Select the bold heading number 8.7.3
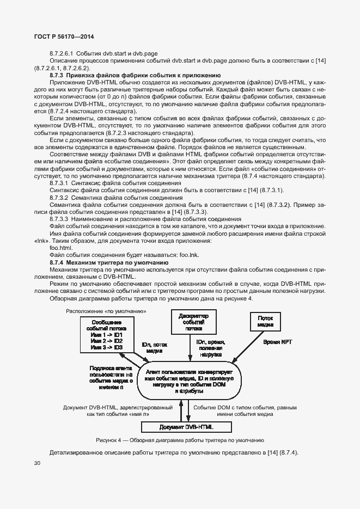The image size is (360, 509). click(x=57, y=75)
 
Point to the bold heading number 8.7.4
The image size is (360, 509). click(x=57, y=262)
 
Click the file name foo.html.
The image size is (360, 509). click(x=60, y=248)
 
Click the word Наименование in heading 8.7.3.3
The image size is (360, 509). click(x=95, y=219)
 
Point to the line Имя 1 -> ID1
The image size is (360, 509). click(x=107, y=335)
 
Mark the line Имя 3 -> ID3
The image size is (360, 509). click(x=107, y=347)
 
